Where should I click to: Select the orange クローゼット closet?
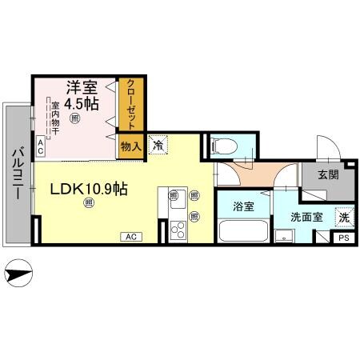pyautogui.click(x=129, y=105)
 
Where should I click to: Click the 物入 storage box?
pyautogui.click(x=130, y=146)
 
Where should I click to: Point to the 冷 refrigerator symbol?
pyautogui.click(x=158, y=146)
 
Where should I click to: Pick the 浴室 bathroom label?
pyautogui.click(x=244, y=206)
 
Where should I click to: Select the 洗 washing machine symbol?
pyautogui.click(x=342, y=216)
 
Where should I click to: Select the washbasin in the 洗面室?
pyautogui.click(x=283, y=235)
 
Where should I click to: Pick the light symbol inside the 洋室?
pyautogui.click(x=74, y=119)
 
